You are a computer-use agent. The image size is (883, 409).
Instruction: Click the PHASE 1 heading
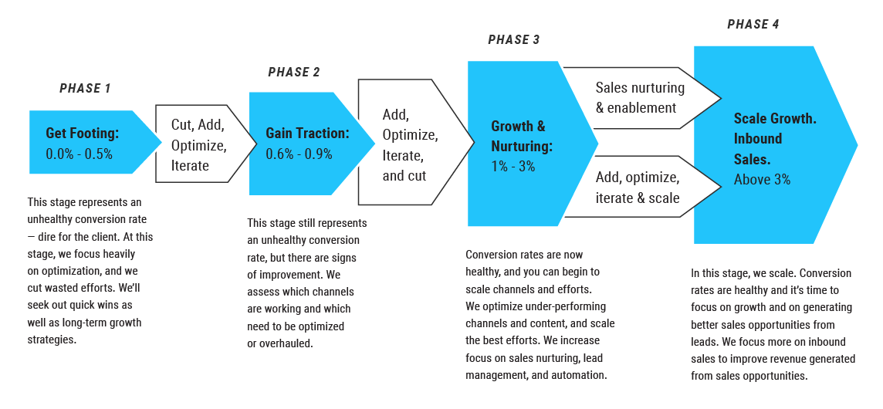click(x=85, y=89)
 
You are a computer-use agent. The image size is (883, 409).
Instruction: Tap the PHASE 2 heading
click(x=294, y=73)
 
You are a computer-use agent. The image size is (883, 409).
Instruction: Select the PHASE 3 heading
click(x=514, y=40)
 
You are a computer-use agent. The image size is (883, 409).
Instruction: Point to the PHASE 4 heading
click(x=753, y=25)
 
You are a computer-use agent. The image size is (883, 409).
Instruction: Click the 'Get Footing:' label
click(x=82, y=134)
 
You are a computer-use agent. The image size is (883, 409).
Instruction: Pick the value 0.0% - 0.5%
click(x=79, y=154)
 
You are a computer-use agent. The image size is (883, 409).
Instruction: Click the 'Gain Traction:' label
click(x=307, y=134)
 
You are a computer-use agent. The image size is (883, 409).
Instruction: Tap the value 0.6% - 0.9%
click(x=299, y=154)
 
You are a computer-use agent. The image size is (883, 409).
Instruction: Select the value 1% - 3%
click(x=513, y=166)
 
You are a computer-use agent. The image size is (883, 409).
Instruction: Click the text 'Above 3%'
click(x=762, y=180)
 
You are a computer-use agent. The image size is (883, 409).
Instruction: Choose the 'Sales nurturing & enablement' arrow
click(x=641, y=98)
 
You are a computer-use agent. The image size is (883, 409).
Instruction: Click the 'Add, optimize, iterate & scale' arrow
click(x=641, y=188)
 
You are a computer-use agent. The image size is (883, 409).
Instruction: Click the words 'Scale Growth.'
click(x=775, y=119)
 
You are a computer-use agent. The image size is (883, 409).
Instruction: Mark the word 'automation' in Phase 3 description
click(x=583, y=375)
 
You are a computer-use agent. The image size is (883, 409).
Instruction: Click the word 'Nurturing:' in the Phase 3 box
click(x=522, y=146)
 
